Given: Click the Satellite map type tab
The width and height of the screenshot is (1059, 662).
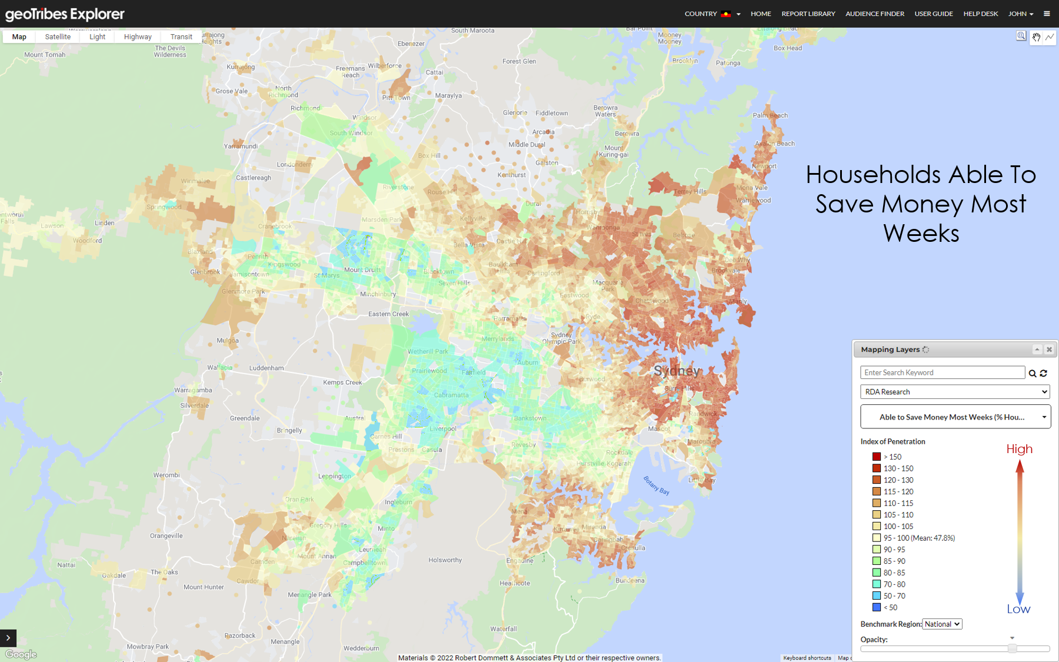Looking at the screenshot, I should coord(58,36).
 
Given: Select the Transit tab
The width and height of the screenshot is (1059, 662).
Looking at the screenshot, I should coord(181,36).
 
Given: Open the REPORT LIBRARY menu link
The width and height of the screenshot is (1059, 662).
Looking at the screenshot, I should coord(808,14).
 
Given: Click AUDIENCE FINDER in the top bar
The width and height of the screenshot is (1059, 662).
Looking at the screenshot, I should coord(874,14).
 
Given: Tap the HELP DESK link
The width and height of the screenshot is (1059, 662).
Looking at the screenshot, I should coord(980,14).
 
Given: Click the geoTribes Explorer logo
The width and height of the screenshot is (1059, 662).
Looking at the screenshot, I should coord(65,14).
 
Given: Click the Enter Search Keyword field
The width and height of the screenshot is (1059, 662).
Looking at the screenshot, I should coord(942,372).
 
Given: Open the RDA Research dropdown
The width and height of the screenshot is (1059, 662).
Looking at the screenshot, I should coord(955,392).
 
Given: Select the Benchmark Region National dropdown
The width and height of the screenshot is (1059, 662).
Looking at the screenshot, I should coord(942,624).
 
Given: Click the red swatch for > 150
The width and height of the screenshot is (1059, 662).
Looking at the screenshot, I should coord(877,457).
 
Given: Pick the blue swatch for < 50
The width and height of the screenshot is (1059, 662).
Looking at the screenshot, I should coord(877,607).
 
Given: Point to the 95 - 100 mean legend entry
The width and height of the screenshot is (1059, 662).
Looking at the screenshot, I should coord(918,538).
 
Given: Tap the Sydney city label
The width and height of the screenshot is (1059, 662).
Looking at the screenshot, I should coord(677,371).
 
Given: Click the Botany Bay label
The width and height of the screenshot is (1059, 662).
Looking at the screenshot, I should coord(657,485).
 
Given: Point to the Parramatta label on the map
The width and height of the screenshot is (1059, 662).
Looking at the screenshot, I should coord(509,318).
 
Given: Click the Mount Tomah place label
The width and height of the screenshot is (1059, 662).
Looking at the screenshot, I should coord(45,55).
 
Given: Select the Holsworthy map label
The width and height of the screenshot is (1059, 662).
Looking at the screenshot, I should coord(445,560).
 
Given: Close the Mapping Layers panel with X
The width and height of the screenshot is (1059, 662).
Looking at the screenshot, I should coord(1049,350).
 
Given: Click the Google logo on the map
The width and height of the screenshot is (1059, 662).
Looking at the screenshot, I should coord(21,654).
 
